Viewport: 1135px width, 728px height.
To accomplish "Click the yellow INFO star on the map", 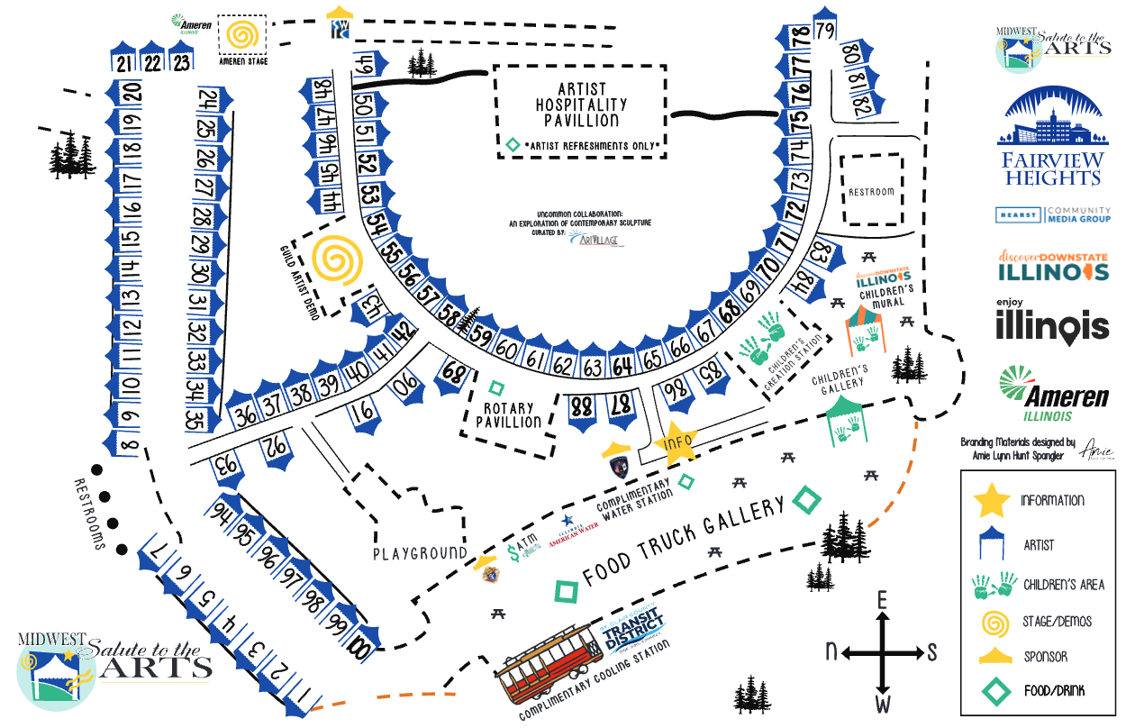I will pos(676,443).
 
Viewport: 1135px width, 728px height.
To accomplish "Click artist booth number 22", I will pos(153,61).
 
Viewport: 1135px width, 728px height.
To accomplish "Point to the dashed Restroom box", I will pos(871,190).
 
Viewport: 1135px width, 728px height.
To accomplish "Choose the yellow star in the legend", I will pos(991,501).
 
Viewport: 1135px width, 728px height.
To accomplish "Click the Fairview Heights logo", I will pos(1053,135).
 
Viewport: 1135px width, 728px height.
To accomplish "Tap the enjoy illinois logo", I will pos(1052,321).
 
